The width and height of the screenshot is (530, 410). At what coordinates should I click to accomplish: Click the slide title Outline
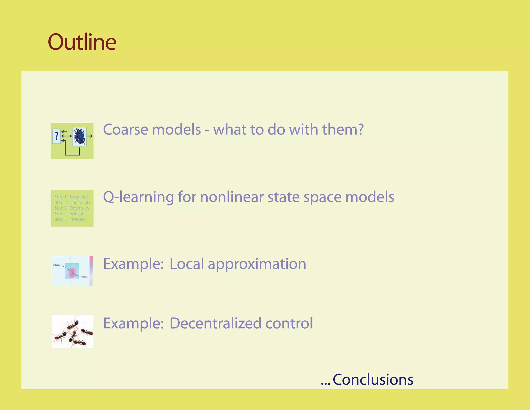[x=82, y=42]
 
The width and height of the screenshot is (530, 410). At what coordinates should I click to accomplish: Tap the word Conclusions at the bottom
[x=373, y=380]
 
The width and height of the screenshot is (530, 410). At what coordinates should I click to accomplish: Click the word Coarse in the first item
[x=126, y=129]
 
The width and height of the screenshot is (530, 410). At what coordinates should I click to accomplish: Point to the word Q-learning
[x=138, y=197]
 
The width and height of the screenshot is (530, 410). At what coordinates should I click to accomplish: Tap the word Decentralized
[x=215, y=323]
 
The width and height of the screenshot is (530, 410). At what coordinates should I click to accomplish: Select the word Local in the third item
[x=187, y=264]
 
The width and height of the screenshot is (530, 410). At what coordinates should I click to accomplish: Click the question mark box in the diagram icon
[x=56, y=136]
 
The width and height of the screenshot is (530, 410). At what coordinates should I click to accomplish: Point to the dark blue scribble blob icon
[x=79, y=137]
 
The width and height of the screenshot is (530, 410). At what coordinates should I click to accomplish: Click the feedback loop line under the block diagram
[x=72, y=155]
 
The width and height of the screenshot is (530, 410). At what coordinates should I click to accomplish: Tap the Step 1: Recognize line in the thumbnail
[x=71, y=197]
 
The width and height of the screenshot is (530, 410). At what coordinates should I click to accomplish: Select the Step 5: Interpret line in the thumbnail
[x=70, y=219]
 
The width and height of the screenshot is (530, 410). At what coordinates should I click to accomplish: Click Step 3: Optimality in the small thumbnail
[x=72, y=208]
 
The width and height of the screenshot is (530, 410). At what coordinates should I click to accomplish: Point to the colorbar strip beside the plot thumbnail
[x=91, y=271]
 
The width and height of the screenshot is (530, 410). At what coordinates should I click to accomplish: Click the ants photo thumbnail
[x=72, y=331]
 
